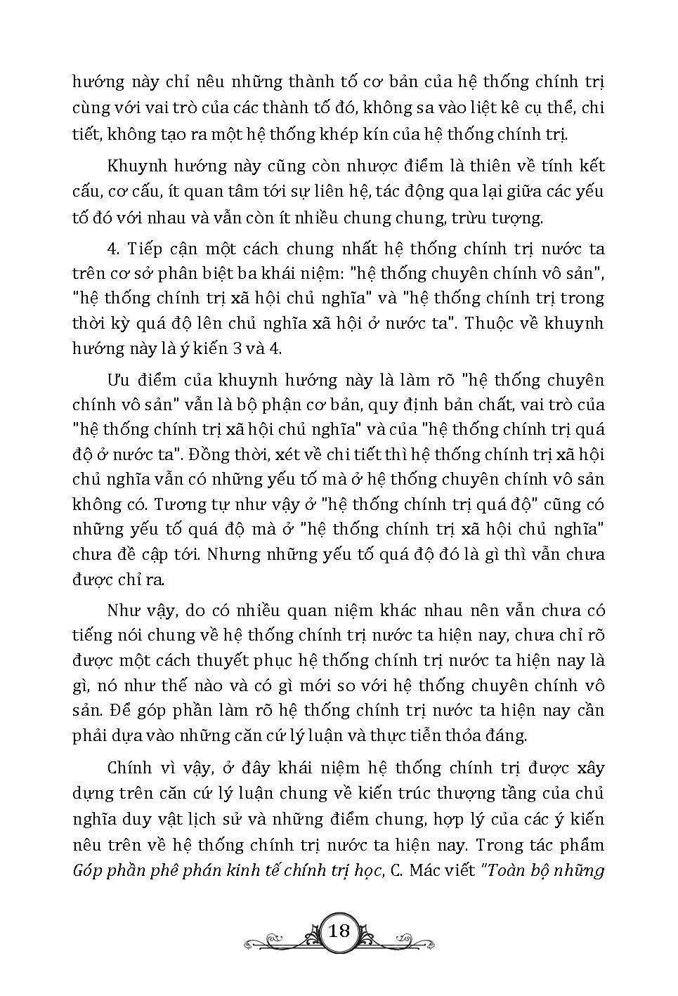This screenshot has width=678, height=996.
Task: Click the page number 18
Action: click(339, 931)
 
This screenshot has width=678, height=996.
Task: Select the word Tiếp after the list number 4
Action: click(145, 249)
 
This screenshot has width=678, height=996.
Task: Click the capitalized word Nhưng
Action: click(229, 555)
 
